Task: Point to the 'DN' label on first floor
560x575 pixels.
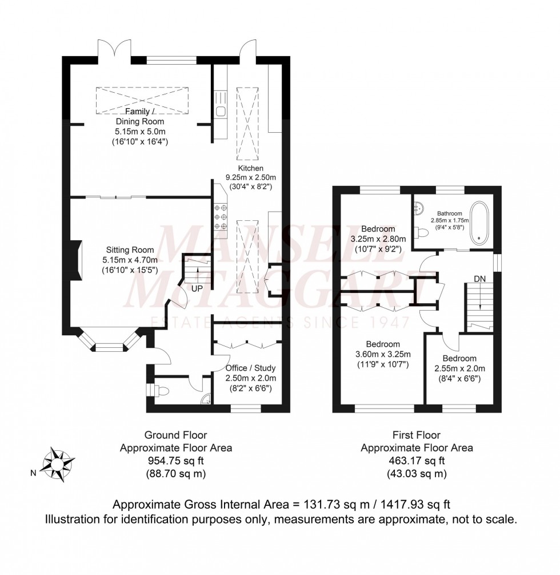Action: [x=481, y=280]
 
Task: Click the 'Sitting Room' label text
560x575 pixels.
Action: [x=130, y=249]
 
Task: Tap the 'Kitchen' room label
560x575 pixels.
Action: [x=251, y=168]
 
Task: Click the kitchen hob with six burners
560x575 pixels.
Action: [x=221, y=217]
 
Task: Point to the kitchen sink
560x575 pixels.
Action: [x=220, y=110]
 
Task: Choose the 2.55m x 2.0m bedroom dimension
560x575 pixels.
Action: [x=459, y=368]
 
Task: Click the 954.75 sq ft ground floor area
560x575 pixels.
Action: [x=175, y=461]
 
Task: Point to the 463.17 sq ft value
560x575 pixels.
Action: [x=417, y=461]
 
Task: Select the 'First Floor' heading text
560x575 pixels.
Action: [x=417, y=435]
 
